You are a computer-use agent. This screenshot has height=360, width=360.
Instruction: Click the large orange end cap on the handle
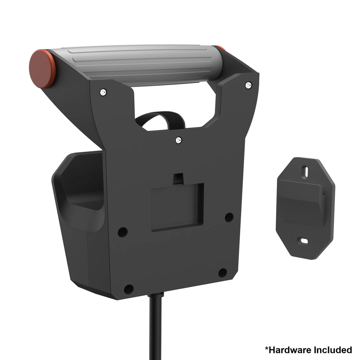pos(42,69)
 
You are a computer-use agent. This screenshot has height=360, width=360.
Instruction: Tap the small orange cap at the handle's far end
pos(220,48)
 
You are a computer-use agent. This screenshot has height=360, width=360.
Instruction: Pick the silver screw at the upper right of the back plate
pos(248,85)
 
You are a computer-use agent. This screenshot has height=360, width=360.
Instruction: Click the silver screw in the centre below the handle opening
pos(179,140)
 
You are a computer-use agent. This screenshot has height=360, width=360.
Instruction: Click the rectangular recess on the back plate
pos(177,207)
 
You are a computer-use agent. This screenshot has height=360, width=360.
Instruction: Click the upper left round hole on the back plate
pos(123,232)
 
